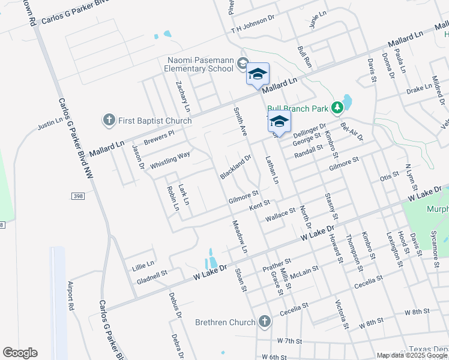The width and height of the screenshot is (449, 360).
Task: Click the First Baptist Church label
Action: tap(155, 121)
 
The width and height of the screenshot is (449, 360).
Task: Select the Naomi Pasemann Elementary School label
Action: tap(200, 64)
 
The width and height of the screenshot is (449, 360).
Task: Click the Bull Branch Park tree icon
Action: tap(338, 107)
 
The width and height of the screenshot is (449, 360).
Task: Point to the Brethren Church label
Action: tap(225, 322)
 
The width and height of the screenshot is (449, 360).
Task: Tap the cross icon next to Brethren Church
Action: tap(264, 322)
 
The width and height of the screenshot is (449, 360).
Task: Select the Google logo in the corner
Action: tap(20, 353)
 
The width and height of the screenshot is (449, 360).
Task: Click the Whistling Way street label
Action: tap(170, 159)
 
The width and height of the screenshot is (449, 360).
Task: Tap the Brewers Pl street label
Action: tap(158, 137)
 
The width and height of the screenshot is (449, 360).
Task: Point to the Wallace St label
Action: tap(281, 214)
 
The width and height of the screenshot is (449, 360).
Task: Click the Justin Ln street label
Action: tap(50, 124)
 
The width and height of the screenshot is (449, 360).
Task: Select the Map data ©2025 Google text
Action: tap(412, 355)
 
